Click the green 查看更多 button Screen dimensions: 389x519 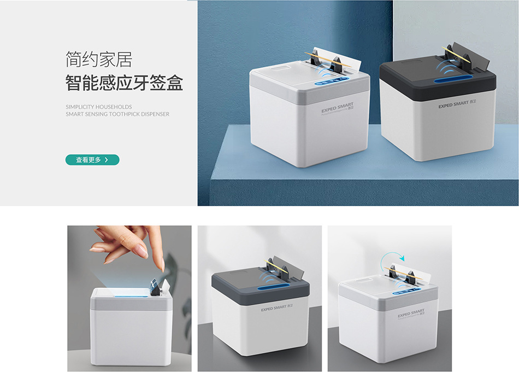92,160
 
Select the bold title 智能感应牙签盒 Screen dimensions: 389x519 124,84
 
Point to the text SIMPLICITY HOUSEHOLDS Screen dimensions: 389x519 98,107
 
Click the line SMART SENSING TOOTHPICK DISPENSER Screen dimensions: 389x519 117,114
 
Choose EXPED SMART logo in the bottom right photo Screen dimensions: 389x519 411,313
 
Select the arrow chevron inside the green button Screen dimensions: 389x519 106,160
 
